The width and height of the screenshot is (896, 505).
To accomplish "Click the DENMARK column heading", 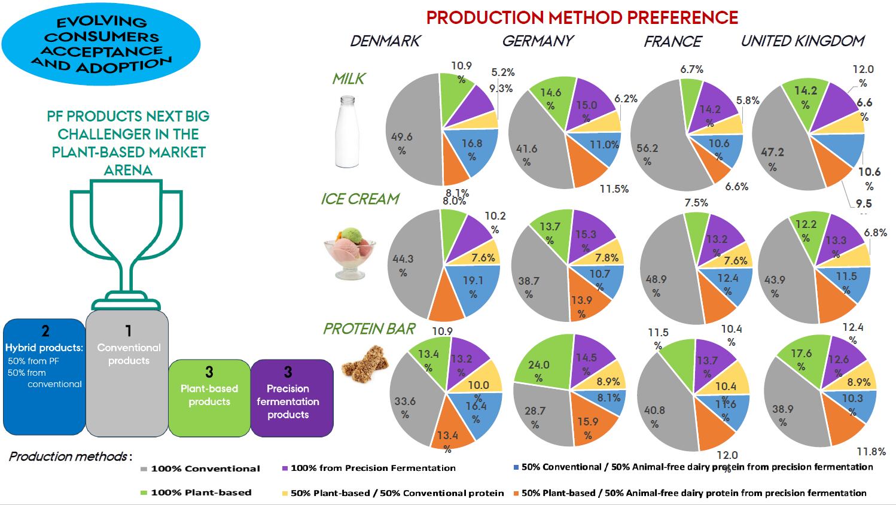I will click(x=385, y=41).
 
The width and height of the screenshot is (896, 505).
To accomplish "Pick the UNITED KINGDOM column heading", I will click(x=803, y=41).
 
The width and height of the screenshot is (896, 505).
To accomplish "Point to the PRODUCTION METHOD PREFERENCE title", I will click(x=582, y=17).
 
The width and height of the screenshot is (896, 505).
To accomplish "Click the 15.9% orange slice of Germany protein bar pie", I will click(x=589, y=419).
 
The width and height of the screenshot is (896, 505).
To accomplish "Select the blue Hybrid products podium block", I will click(x=44, y=377).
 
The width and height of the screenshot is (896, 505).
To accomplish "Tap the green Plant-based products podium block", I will click(x=209, y=397).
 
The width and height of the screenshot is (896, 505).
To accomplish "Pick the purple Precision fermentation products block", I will click(x=291, y=397).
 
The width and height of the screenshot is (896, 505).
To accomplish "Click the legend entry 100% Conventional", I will click(x=204, y=469).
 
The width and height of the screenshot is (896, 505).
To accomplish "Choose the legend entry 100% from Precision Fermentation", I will click(x=372, y=468).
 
